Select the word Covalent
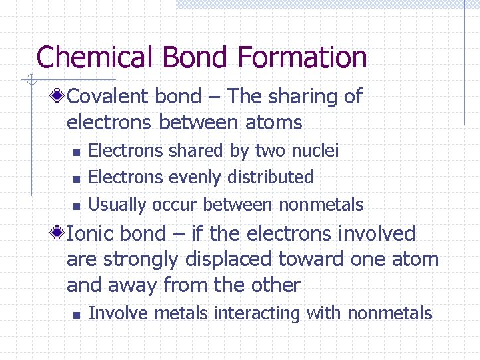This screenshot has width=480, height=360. [109, 97]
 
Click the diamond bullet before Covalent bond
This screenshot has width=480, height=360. [59, 97]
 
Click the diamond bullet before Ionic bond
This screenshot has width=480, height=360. [59, 234]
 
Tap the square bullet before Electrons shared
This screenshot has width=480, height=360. [77, 153]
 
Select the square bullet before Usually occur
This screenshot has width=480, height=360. [77, 206]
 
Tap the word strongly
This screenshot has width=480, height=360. [137, 260]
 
